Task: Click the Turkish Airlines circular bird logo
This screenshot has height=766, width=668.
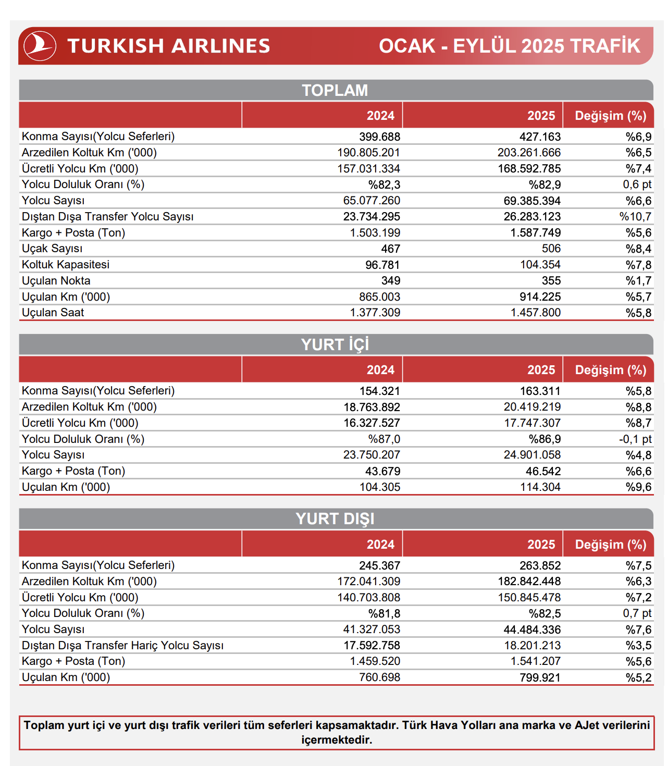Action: tap(40, 46)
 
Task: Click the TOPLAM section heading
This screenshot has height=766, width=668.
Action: tap(335, 90)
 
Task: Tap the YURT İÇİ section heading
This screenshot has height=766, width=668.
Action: tap(335, 344)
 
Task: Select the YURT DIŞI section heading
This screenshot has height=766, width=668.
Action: tap(335, 518)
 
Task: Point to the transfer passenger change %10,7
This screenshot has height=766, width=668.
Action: tap(635, 217)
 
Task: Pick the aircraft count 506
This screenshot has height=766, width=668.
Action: tap(551, 249)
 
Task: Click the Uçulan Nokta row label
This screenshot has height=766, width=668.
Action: tap(56, 281)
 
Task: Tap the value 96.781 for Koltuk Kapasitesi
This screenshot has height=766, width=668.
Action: tap(382, 265)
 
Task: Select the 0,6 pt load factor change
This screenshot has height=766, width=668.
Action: tap(637, 184)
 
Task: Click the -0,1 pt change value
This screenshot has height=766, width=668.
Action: tap(635, 439)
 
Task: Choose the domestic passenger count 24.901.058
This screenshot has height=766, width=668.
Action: tap(532, 455)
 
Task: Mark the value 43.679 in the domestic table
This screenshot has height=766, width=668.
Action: tap(382, 471)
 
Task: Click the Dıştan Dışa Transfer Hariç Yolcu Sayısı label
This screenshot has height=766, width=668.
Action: tap(122, 646)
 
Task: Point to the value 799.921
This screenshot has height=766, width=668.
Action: tap(540, 677)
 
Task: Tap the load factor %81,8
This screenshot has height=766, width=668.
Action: tap(384, 613)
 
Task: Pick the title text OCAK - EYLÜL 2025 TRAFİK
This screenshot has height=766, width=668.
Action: tap(509, 46)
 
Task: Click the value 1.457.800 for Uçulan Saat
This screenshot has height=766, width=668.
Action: tap(536, 313)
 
